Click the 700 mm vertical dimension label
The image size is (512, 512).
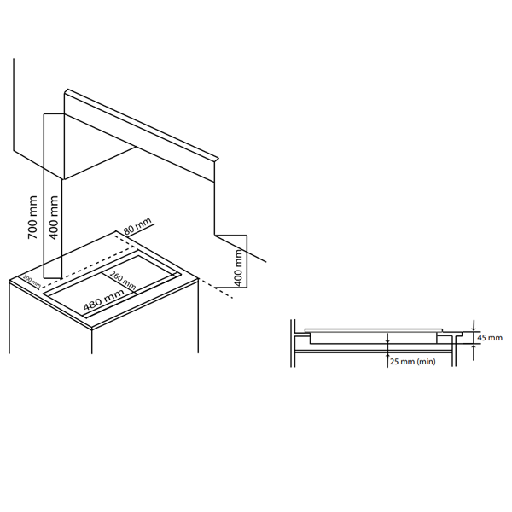coord(32,217)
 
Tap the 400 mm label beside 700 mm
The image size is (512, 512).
coord(53,217)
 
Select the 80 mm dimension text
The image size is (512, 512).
coord(137,226)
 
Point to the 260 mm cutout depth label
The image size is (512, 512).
coord(123,280)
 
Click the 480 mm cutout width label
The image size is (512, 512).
coord(104,300)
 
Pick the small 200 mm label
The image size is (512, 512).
coord(32,281)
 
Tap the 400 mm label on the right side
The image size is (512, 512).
coord(239,268)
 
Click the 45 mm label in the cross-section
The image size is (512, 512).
coord(490,338)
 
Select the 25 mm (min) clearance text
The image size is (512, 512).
coord(413,362)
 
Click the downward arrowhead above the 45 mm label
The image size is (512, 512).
coord(474,329)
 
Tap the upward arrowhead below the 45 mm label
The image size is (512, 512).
coord(474,346)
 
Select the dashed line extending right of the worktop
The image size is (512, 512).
coord(216,288)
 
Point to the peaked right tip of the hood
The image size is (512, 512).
coord(218,159)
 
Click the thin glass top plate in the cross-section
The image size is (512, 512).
coord(374,330)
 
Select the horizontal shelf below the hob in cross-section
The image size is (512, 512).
coord(374,352)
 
